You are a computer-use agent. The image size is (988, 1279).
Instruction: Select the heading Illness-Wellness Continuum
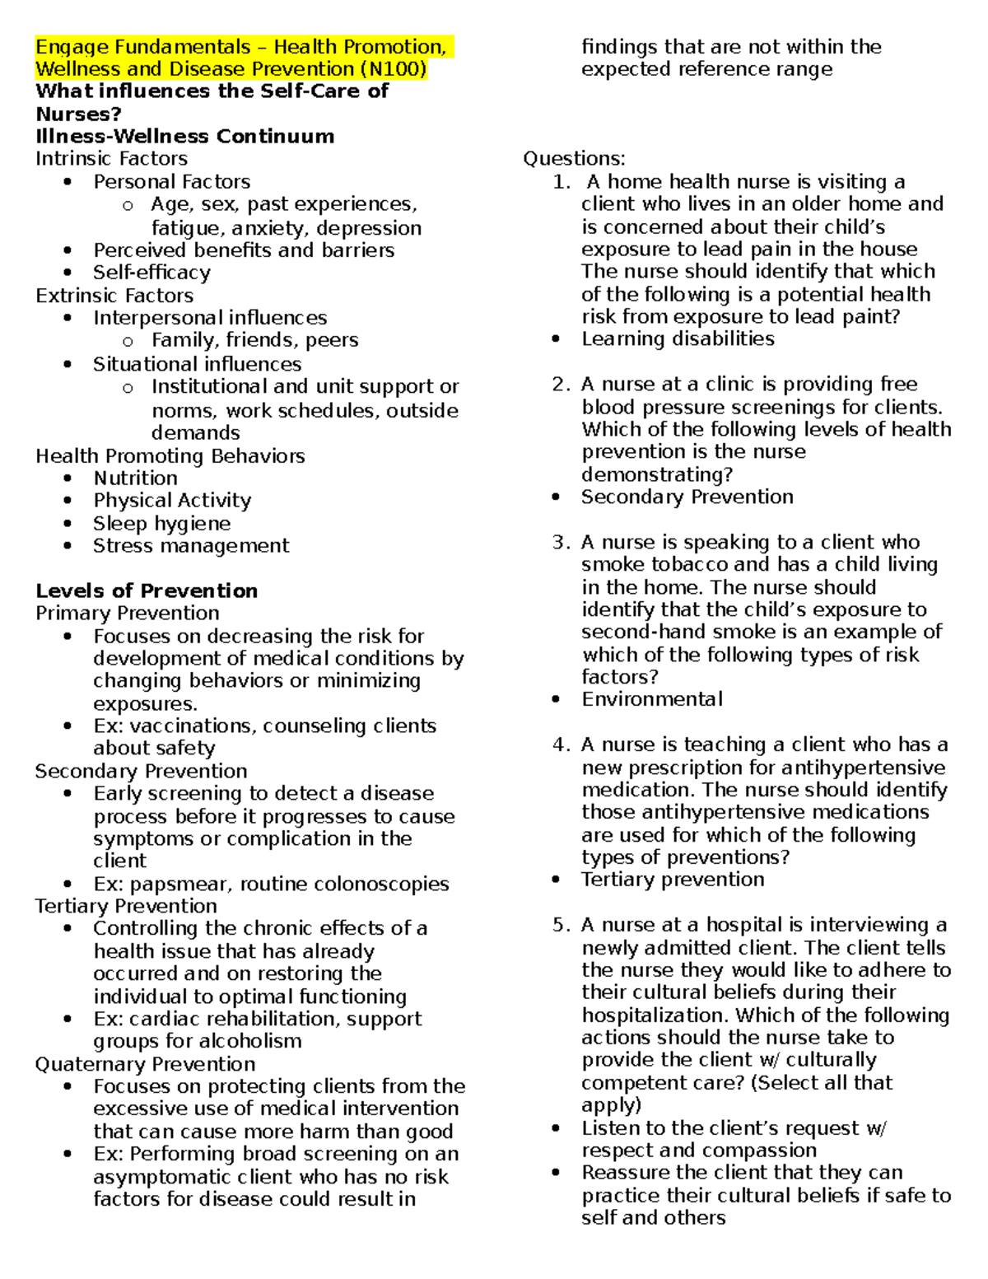click(184, 137)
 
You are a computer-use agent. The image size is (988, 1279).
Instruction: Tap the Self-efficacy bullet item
click(151, 273)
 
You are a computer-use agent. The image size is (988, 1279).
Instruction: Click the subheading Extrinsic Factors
click(114, 296)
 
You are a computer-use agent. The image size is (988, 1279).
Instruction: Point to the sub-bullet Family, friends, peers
click(254, 340)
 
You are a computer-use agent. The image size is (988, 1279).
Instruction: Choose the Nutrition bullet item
click(135, 478)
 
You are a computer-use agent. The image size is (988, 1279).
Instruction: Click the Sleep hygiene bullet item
click(161, 524)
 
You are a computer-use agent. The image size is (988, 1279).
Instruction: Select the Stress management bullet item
click(191, 546)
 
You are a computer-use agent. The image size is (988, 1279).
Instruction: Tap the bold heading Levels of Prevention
click(147, 591)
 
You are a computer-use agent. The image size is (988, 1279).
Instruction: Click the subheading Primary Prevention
click(128, 614)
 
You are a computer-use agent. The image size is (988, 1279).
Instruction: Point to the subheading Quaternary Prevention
click(145, 1064)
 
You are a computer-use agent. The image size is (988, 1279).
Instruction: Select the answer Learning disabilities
click(678, 339)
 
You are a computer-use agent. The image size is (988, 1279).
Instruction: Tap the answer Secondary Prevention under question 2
click(687, 497)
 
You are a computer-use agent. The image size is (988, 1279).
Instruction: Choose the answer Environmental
click(652, 700)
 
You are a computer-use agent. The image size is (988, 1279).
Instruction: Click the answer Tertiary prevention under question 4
click(673, 880)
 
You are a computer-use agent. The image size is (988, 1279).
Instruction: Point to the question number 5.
click(561, 926)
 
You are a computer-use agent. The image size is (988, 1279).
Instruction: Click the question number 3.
click(561, 543)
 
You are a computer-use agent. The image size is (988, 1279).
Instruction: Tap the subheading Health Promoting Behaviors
click(170, 456)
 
